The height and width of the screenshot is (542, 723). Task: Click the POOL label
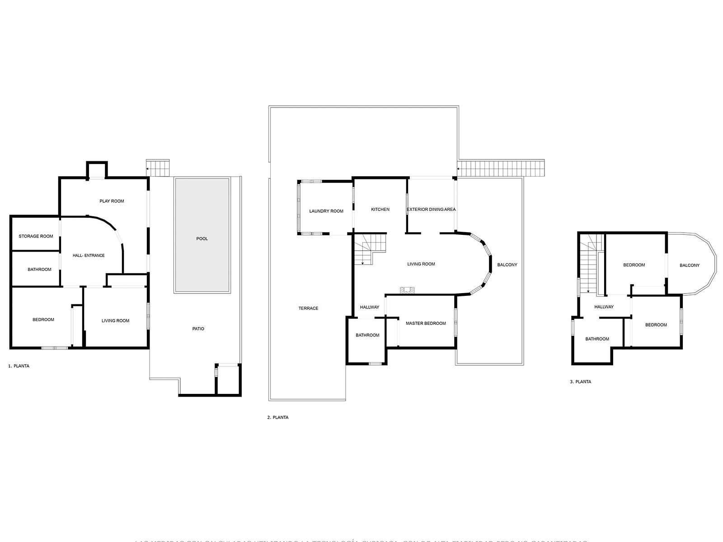coord(202,238)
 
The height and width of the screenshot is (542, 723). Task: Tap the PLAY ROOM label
coord(112,201)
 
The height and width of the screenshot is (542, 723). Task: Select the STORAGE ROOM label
coord(36,236)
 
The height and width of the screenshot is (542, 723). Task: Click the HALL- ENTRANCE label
coord(89,256)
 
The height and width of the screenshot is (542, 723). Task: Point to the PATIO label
coord(198,329)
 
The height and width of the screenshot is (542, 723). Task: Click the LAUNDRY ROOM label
coord(326,211)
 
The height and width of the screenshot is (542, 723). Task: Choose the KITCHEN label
coord(380,210)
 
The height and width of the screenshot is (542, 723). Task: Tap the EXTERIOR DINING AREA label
coord(431,210)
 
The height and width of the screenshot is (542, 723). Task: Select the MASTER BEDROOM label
coord(426,323)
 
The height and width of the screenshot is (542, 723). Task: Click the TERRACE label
coord(308,308)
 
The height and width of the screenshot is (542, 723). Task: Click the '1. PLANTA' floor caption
coord(19,366)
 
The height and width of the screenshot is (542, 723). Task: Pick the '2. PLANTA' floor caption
coord(277,418)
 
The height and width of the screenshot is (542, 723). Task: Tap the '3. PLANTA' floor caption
coord(580,382)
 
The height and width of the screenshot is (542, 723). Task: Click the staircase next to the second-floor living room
coord(370,249)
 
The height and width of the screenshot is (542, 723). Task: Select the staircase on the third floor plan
coord(589,266)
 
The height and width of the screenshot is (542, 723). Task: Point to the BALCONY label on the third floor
coord(690,266)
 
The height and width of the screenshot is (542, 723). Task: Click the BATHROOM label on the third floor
coord(597,339)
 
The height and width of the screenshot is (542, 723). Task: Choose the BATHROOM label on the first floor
coord(39,270)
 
